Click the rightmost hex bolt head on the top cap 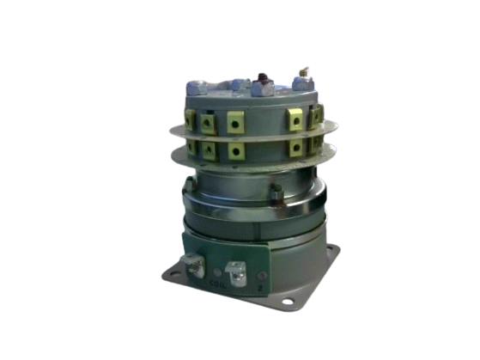point(301,83)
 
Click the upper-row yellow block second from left point(208,121)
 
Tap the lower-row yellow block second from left point(208,149)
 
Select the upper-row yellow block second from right point(295,120)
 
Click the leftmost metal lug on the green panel point(195,268)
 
